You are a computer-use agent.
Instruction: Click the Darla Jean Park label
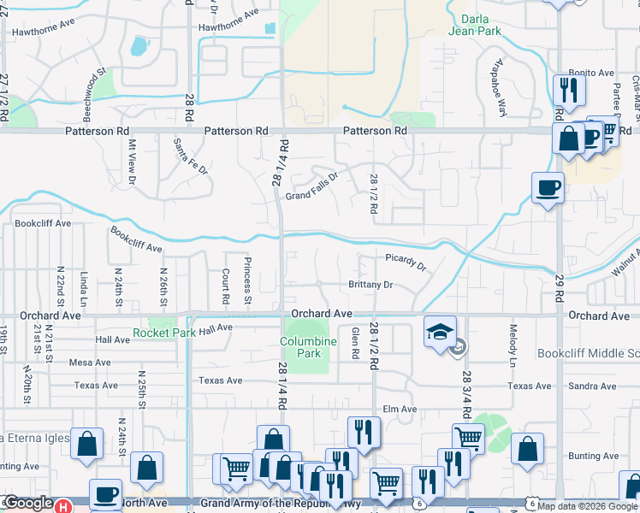475,24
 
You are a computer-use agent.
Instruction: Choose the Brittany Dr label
370,285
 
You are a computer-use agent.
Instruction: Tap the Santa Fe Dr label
191,156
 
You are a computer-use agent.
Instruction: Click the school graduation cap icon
441,333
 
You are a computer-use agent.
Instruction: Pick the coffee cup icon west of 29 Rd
548,188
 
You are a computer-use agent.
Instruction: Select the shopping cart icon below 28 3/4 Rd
468,439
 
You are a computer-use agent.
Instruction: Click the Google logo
28,504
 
